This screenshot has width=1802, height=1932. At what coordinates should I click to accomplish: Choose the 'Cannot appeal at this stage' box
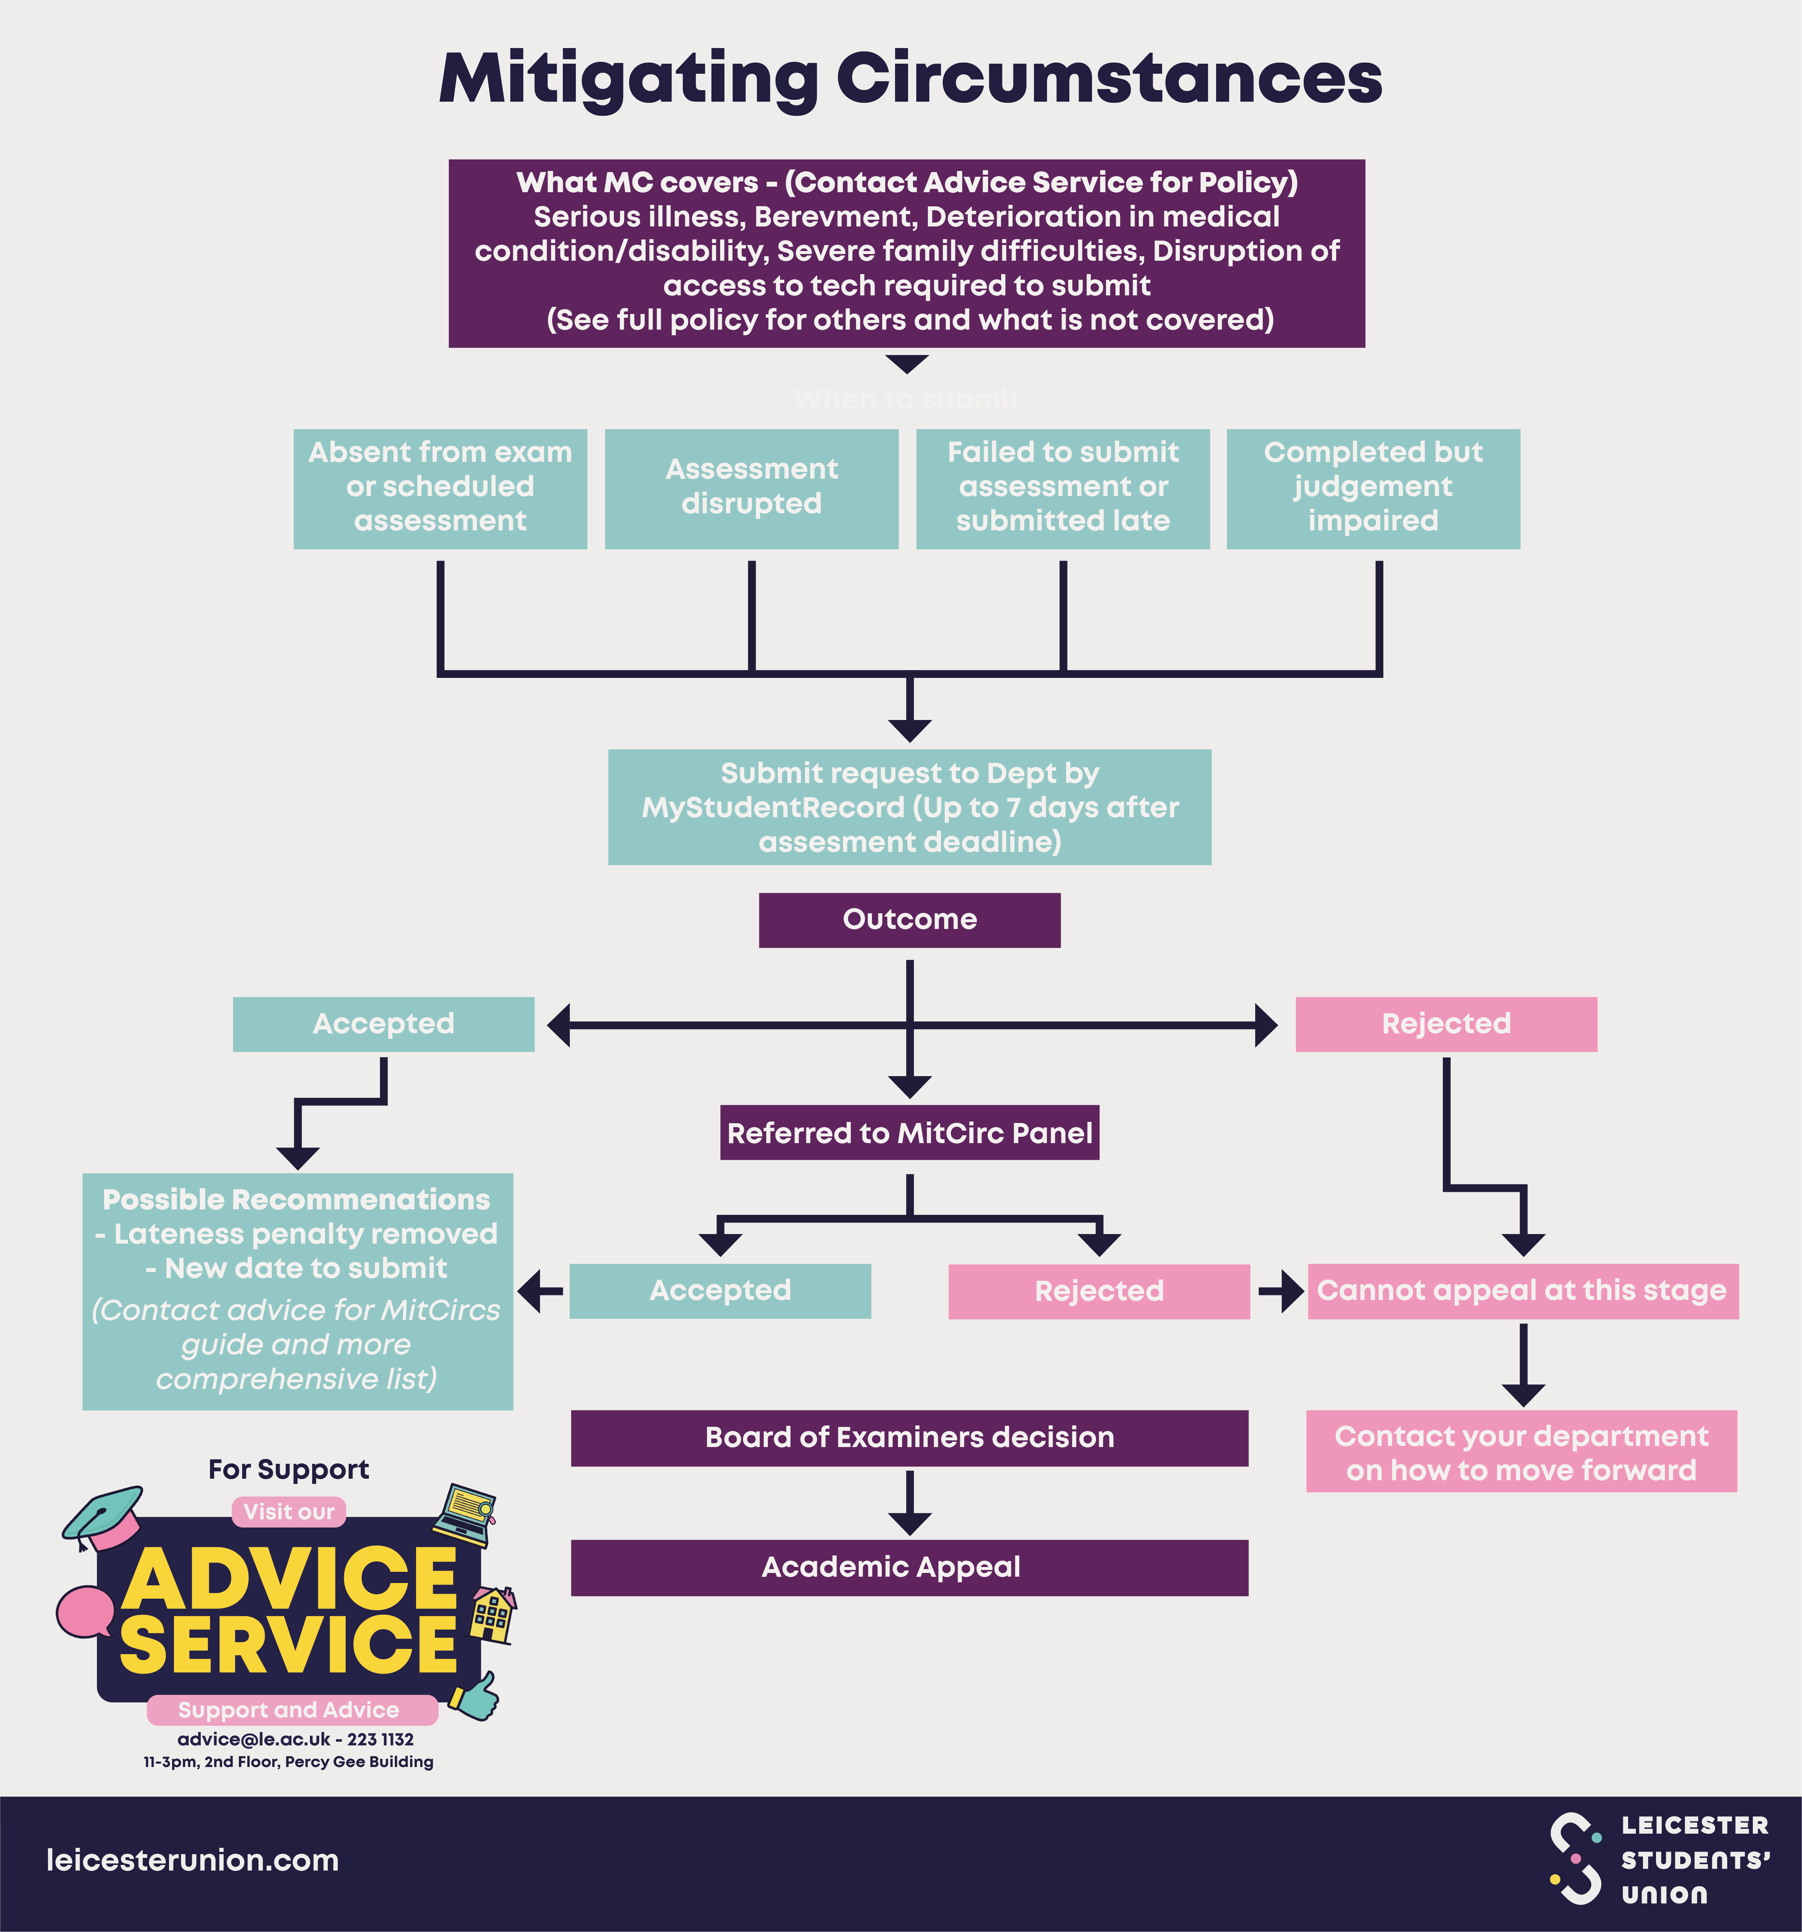(x=1522, y=1291)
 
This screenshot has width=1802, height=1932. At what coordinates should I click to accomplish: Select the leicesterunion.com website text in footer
(x=193, y=1860)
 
